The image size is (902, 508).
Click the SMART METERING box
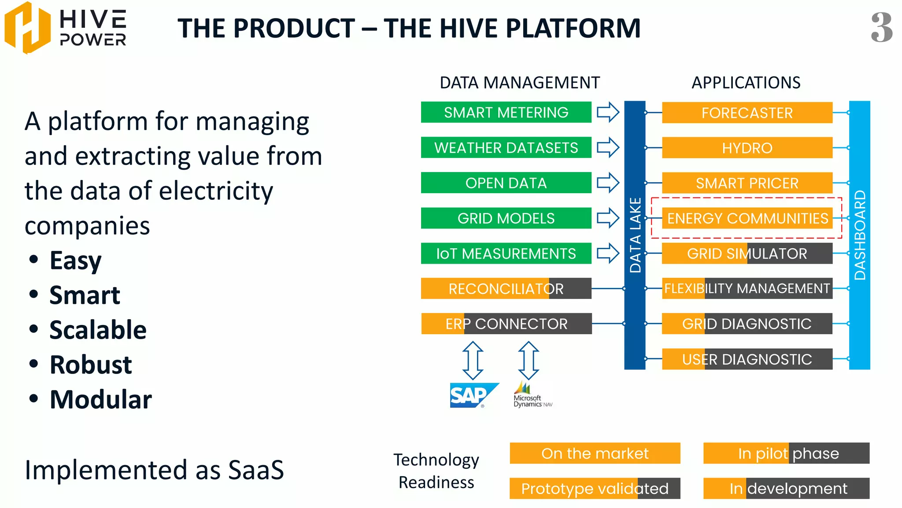(506, 112)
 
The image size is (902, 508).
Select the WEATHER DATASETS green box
(506, 148)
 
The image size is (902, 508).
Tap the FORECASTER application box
(747, 113)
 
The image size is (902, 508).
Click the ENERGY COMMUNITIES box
(747, 218)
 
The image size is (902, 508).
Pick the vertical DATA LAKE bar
(635, 235)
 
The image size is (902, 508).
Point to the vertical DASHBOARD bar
(859, 235)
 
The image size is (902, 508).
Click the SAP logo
(473, 395)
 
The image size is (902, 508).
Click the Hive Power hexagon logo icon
(27, 27)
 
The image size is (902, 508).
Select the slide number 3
(881, 27)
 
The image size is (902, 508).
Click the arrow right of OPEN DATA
(608, 183)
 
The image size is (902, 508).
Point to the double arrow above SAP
(473, 360)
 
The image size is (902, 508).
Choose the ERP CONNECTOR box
(506, 324)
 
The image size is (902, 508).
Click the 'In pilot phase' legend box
(786, 453)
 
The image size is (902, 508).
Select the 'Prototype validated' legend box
(595, 489)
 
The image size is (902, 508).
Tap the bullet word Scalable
(98, 330)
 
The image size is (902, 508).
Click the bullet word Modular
(100, 400)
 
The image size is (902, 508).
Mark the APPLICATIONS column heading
(746, 83)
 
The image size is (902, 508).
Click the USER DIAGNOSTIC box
(747, 359)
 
